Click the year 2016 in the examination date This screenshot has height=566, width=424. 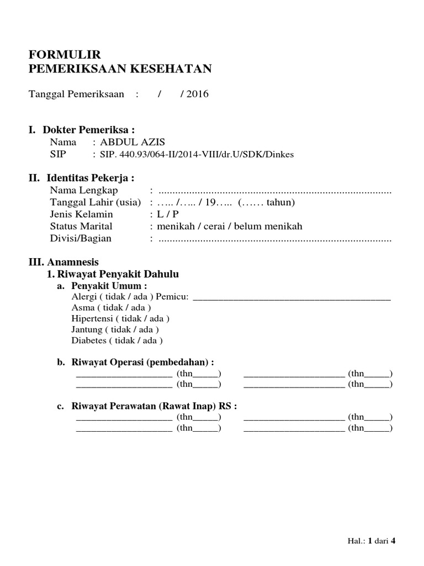coord(197,94)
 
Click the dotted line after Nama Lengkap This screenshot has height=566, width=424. coord(274,191)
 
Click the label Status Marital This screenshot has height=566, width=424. coord(81,227)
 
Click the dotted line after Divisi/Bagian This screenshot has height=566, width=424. coord(274,239)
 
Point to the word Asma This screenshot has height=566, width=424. coord(83,308)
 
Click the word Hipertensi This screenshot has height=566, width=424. coord(92,319)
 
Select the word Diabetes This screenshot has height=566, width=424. coord(88,340)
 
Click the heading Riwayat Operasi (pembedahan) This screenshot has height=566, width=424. coord(142,362)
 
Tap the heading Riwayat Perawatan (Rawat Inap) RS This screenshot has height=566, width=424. coord(154,406)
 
